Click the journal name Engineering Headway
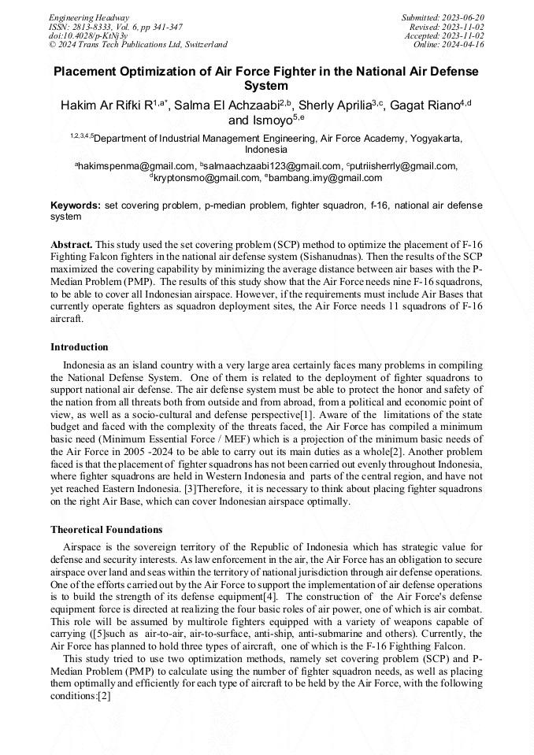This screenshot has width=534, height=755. pos(89,17)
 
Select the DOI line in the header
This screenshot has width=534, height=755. pos(87,36)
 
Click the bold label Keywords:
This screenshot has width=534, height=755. pos(75,205)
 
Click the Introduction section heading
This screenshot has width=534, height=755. pos(80,347)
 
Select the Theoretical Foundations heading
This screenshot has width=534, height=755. pos(106,530)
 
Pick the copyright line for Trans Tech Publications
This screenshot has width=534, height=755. pos(138,45)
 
